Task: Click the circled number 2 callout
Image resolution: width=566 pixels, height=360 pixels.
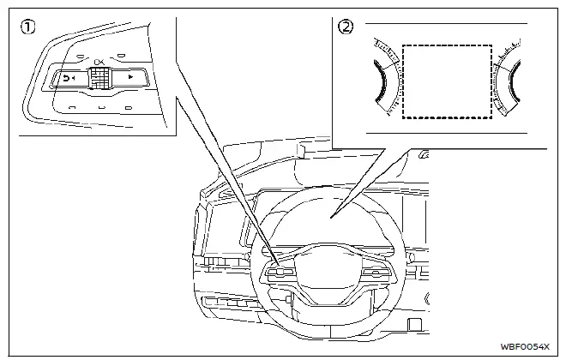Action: point(346,27)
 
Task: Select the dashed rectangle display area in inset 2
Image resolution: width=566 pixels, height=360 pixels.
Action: point(447,81)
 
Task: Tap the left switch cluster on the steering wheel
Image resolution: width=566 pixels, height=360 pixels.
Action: point(280,273)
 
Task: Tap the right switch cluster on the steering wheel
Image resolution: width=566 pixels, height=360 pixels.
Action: point(378,273)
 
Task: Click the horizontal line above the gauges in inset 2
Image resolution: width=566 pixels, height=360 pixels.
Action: point(446,23)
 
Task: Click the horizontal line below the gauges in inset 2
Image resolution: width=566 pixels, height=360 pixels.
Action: point(446,134)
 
